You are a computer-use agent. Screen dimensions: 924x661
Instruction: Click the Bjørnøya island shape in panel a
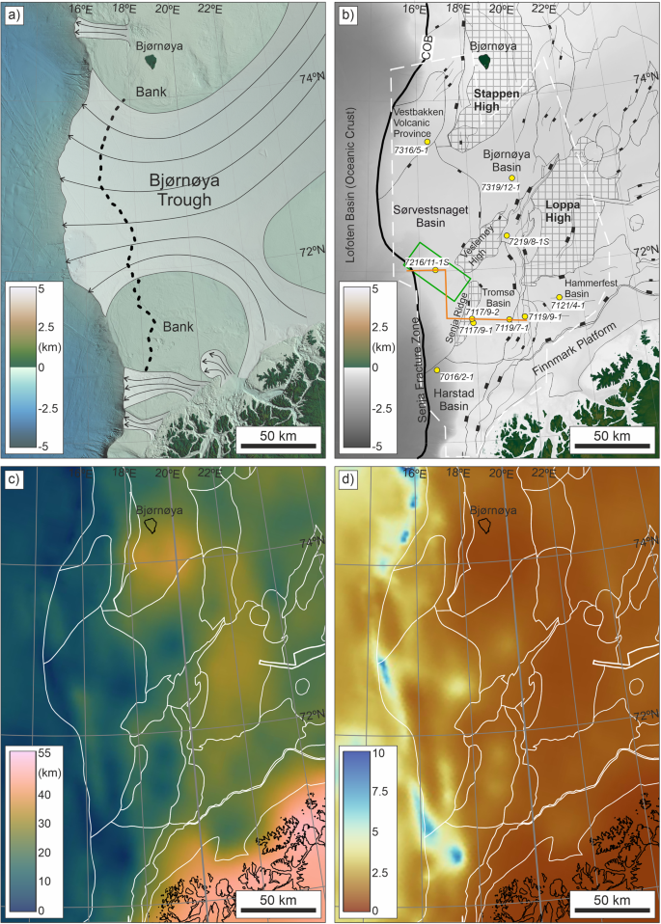point(150,62)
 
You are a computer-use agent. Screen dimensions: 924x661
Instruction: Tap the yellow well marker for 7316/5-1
point(427,142)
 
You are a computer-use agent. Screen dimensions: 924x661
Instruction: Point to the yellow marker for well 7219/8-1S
point(507,235)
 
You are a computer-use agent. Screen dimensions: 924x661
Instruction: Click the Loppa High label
point(565,211)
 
